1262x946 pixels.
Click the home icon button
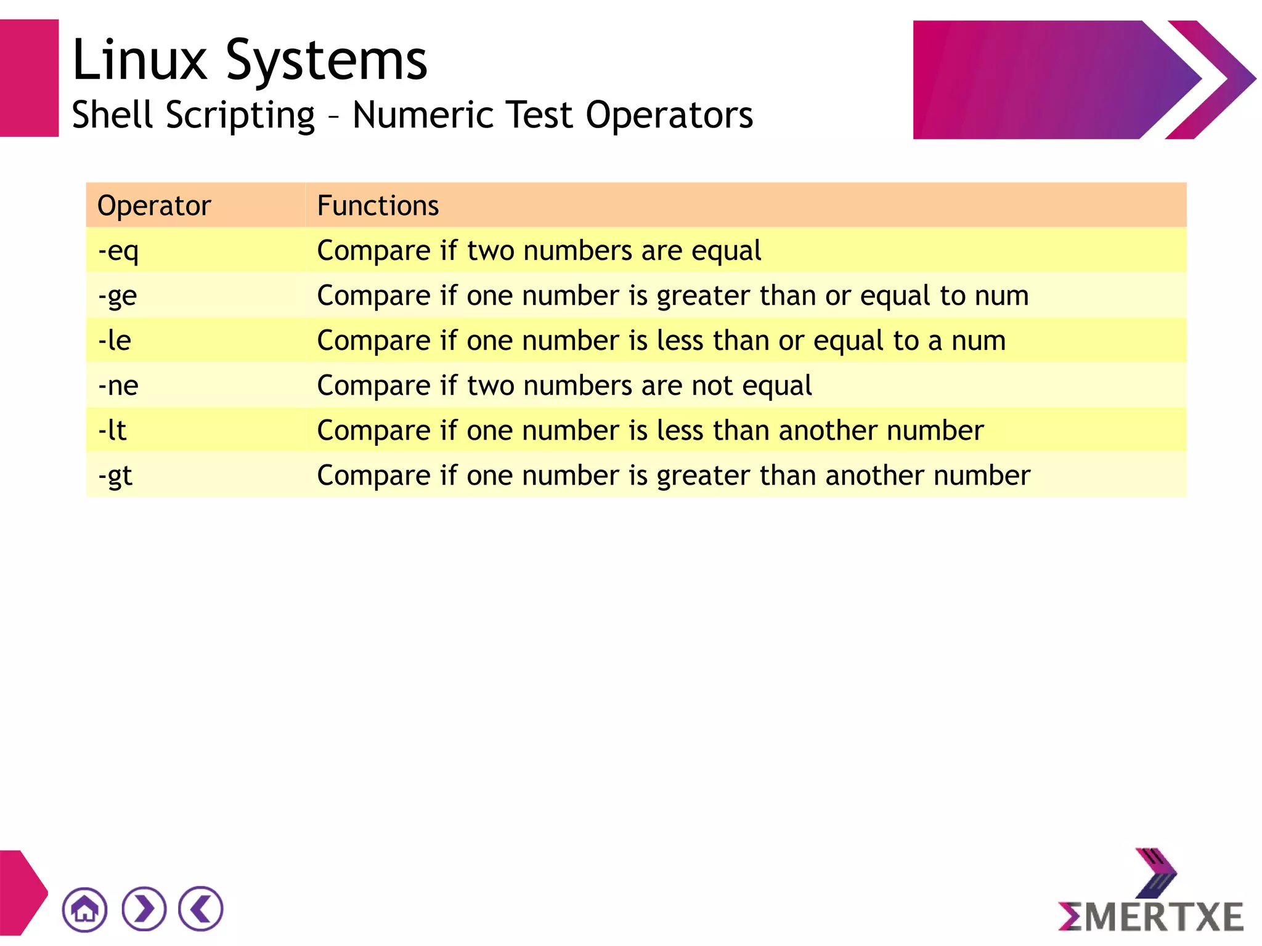pyautogui.click(x=85, y=909)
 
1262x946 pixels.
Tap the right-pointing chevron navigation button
pyautogui.click(x=144, y=909)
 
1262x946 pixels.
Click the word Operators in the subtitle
pyautogui.click(x=669, y=115)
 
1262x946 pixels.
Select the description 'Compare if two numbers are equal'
pyautogui.click(x=539, y=251)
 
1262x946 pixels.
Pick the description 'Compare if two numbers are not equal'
pyautogui.click(x=564, y=386)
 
